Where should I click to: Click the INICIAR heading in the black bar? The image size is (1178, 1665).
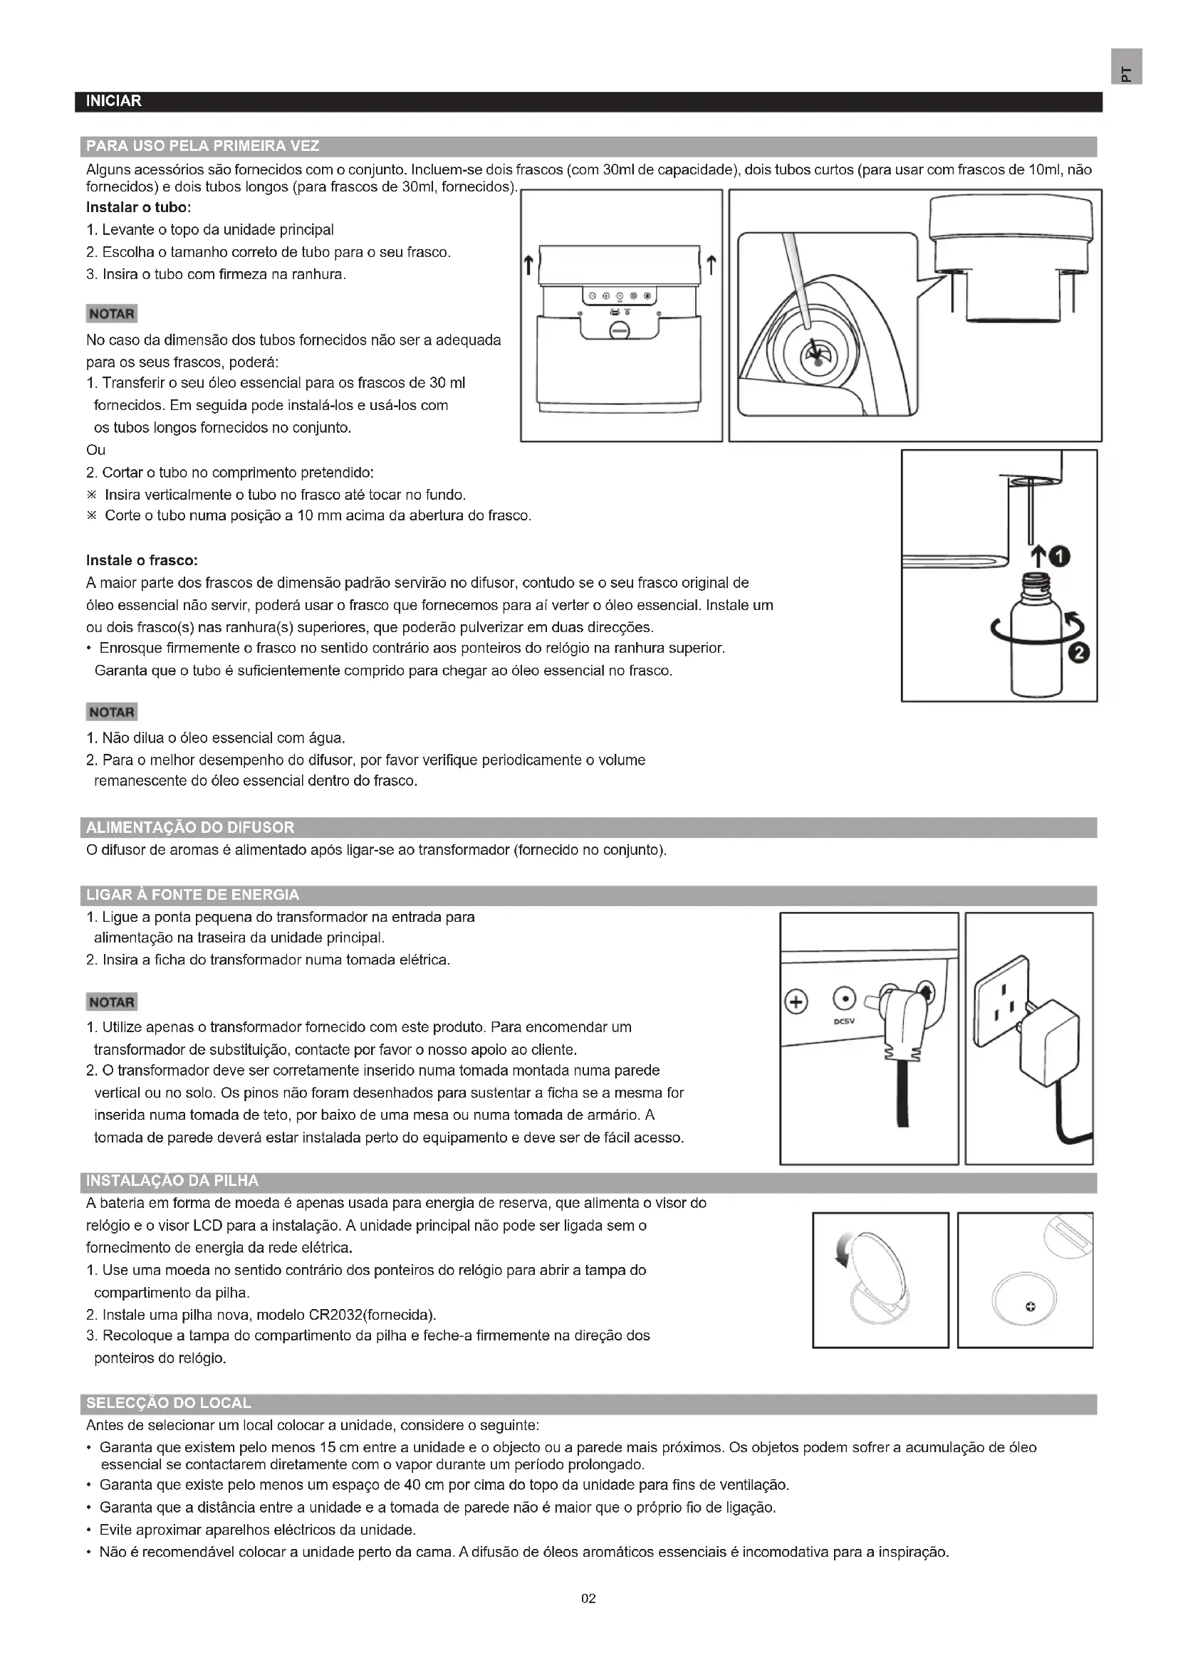pyautogui.click(x=113, y=102)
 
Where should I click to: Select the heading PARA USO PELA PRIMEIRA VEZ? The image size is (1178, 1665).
pyautogui.click(x=202, y=147)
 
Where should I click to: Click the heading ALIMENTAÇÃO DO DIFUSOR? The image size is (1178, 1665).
pyautogui.click(x=190, y=827)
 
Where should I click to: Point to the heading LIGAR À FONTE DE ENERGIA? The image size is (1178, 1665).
pyautogui.click(x=192, y=895)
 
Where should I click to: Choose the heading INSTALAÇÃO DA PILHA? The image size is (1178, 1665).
pyautogui.click(x=172, y=1180)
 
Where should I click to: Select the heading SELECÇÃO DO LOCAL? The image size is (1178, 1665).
pyautogui.click(x=168, y=1403)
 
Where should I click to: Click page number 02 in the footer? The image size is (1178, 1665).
pyautogui.click(x=588, y=1598)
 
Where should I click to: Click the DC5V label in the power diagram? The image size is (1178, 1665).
pyautogui.click(x=843, y=1021)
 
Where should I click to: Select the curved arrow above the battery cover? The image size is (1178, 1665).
pyautogui.click(x=843, y=1250)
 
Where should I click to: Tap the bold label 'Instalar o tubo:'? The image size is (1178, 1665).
pyautogui.click(x=138, y=207)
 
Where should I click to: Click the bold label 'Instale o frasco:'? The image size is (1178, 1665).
pyautogui.click(x=142, y=560)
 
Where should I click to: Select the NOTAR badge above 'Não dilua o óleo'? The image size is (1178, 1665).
pyautogui.click(x=111, y=712)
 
